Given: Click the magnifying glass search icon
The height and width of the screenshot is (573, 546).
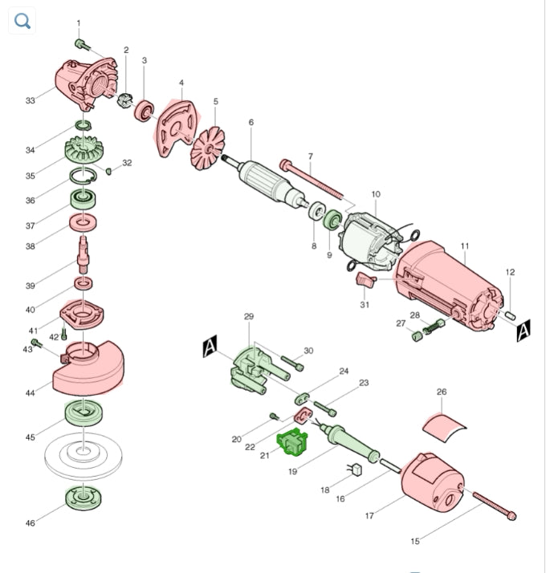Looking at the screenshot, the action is tap(22, 21).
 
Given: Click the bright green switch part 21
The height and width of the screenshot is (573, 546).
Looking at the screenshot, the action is tap(291, 442).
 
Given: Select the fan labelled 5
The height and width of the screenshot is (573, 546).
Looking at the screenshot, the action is tap(208, 148).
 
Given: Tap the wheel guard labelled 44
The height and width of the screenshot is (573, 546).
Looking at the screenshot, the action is tap(89, 369).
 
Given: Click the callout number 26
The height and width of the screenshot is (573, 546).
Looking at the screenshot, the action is tap(442, 392).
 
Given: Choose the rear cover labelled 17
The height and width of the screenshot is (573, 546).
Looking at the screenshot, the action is tap(433, 482).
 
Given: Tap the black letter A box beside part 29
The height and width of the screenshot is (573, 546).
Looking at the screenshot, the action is tap(210, 346).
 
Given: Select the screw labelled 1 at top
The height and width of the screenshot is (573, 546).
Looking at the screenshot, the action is tap(83, 45).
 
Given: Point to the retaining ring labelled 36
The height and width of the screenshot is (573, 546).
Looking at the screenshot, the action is tap(84, 176).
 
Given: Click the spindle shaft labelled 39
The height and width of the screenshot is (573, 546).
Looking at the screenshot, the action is tap(84, 254).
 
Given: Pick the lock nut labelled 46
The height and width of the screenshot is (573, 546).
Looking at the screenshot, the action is tap(84, 498).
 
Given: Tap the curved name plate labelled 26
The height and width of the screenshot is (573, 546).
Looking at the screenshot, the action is tap(443, 429).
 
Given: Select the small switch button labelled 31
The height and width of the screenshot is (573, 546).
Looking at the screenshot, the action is tap(365, 280).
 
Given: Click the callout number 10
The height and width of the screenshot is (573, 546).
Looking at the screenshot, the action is tap(376, 194).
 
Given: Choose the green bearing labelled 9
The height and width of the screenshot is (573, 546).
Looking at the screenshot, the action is tap(332, 220).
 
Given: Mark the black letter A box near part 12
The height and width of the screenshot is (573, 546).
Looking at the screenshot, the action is tap(524, 331).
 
